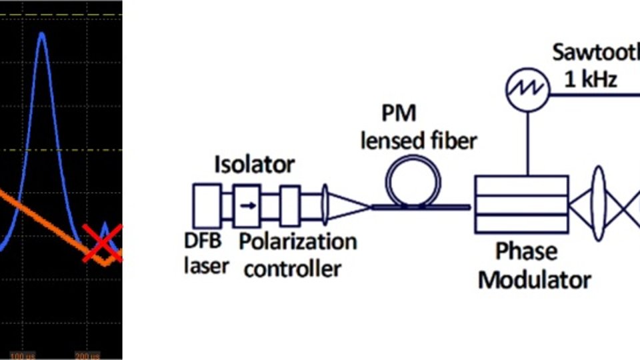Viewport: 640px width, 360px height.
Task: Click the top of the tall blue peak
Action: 41,33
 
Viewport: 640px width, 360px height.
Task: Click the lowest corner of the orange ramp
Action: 105,264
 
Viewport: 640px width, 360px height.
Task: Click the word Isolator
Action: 254,163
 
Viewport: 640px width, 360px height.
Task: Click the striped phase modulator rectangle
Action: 521,206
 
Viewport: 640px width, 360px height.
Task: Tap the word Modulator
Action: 534,279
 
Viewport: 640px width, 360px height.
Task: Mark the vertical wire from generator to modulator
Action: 527,140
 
